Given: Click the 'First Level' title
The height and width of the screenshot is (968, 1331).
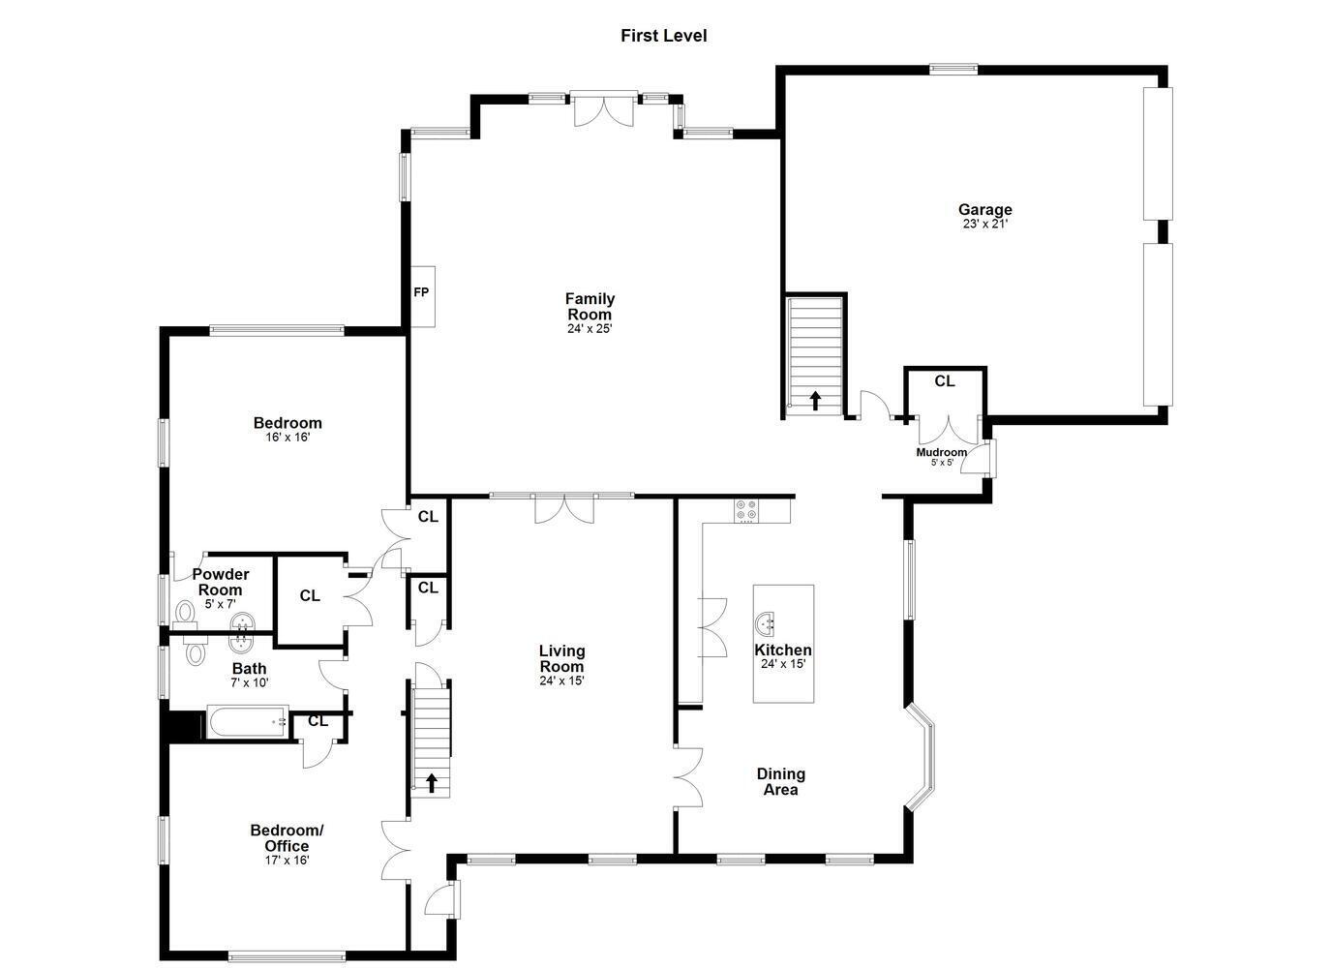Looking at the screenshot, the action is [x=664, y=36].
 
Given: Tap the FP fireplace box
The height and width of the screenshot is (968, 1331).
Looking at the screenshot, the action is [x=423, y=296].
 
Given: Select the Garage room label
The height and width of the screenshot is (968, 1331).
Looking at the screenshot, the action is [x=985, y=209].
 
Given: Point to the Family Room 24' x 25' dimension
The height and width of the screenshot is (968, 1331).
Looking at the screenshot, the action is [x=590, y=328].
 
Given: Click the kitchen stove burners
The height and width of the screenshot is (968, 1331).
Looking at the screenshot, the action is [x=746, y=510].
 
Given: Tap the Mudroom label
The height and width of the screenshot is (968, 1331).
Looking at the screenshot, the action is [x=941, y=452].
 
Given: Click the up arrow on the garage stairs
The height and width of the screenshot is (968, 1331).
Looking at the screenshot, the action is [x=815, y=401].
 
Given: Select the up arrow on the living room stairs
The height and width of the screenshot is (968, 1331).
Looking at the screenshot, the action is [x=432, y=782].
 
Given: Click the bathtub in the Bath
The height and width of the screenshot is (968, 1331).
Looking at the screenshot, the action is [x=248, y=722].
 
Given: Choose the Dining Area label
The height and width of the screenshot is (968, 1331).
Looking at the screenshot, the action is [x=781, y=781].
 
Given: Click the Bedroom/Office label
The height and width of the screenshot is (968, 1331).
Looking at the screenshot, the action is [x=287, y=838].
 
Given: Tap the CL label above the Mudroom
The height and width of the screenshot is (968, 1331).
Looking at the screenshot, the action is [x=945, y=380].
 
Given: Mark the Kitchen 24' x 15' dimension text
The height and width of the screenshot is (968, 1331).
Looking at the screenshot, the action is [x=783, y=664].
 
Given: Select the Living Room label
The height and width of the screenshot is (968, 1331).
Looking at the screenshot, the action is [x=561, y=658].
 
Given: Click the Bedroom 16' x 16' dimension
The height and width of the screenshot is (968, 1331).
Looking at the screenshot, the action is [x=288, y=438].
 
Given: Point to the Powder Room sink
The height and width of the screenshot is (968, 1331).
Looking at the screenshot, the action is [x=242, y=624].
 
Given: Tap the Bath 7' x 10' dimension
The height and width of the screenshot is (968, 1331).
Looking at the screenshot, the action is [x=250, y=683].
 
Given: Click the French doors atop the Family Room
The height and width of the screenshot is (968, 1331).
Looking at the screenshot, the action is [x=604, y=109].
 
